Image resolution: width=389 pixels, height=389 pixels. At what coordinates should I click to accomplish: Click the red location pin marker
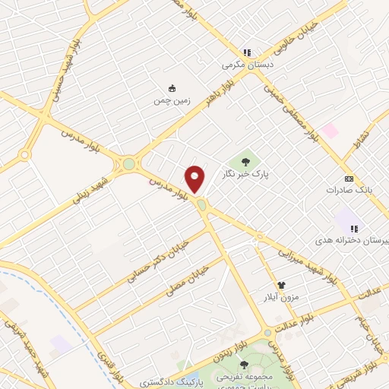pyautogui.click(x=195, y=179)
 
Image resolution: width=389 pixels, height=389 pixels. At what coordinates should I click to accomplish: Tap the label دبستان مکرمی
pyautogui.click(x=247, y=65)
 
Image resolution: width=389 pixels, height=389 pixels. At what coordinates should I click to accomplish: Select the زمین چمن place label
pyautogui.click(x=170, y=100)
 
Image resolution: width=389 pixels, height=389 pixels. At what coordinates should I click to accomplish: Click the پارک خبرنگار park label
pyautogui.click(x=245, y=174)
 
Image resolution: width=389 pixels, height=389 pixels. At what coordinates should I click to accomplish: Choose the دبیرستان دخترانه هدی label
pyautogui.click(x=361, y=240)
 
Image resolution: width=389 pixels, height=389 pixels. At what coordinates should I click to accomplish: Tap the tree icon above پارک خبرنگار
pyautogui.click(x=245, y=160)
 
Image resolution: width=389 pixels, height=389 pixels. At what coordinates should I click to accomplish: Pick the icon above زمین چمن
pyautogui.click(x=171, y=87)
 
